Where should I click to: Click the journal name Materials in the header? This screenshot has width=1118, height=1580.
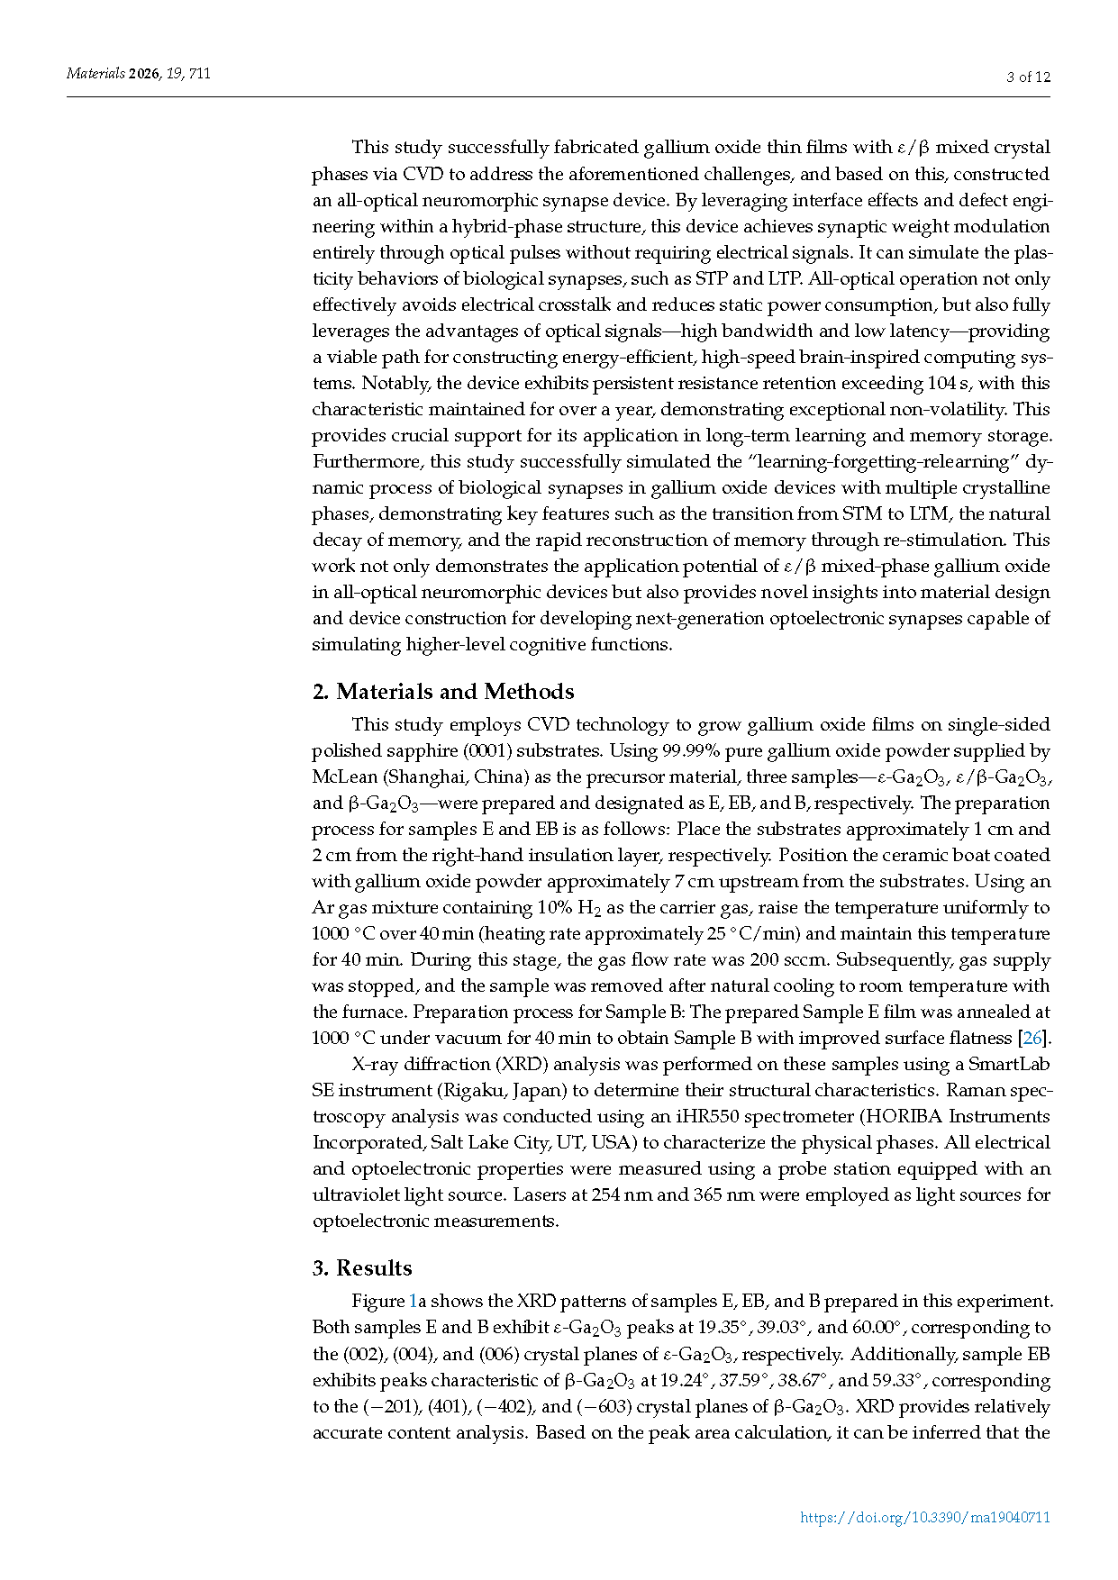(x=95, y=74)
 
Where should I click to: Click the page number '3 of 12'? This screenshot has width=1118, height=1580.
(x=1028, y=77)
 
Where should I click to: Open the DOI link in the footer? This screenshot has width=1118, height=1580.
(x=925, y=1517)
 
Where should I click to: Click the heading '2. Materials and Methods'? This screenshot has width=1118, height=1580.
(x=442, y=691)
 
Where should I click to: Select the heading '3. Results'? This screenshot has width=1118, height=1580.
(x=361, y=1267)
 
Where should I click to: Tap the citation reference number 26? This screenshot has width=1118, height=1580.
(x=1032, y=1038)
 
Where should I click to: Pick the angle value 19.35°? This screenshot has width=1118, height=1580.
(x=725, y=1327)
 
